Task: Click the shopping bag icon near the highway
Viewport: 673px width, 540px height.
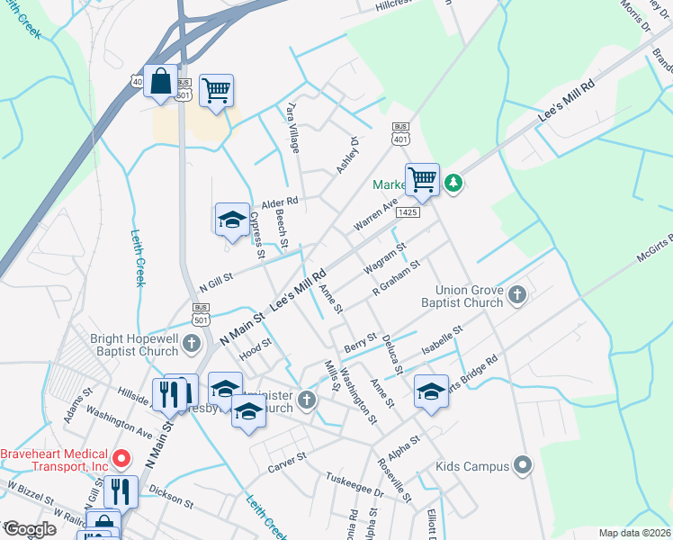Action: pyautogui.click(x=160, y=81)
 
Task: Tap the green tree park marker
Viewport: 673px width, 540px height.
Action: pyautogui.click(x=455, y=184)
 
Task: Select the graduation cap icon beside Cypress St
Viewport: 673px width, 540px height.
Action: pyautogui.click(x=231, y=219)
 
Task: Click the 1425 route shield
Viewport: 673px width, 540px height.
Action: pyautogui.click(x=408, y=212)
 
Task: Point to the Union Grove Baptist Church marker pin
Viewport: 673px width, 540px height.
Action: pyautogui.click(x=517, y=294)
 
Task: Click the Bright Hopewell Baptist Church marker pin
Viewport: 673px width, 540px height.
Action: pyautogui.click(x=191, y=342)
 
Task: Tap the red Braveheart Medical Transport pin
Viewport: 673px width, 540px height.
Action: pyautogui.click(x=119, y=461)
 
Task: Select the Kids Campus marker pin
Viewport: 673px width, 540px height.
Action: pyautogui.click(x=523, y=465)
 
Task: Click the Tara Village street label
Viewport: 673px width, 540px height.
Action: pyautogui.click(x=292, y=126)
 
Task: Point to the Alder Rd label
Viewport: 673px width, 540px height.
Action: pyautogui.click(x=279, y=202)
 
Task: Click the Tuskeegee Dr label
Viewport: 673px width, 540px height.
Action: pyautogui.click(x=354, y=484)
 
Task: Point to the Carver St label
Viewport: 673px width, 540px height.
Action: pyautogui.click(x=288, y=457)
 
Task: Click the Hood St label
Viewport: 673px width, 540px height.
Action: pyautogui.click(x=256, y=346)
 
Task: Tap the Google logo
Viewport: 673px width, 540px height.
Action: pyautogui.click(x=30, y=529)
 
